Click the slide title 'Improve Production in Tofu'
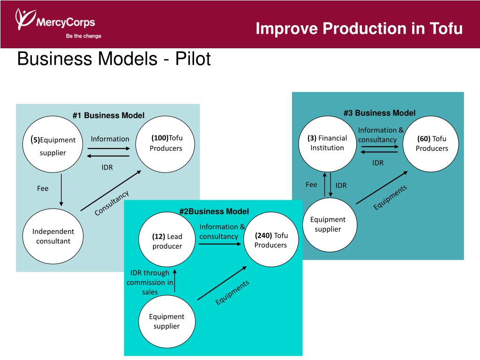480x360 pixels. pyautogui.click(x=359, y=29)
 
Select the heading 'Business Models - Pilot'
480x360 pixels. pyautogui.click(x=114, y=60)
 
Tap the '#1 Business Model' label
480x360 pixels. pyautogui.click(x=108, y=115)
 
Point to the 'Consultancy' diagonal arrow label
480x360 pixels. pyautogui.click(x=112, y=203)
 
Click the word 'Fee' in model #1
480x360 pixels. pyautogui.click(x=43, y=188)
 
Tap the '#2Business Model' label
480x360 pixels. pyautogui.click(x=214, y=211)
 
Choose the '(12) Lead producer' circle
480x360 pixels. pyautogui.click(x=167, y=241)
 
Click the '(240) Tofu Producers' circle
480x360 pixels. pyautogui.click(x=271, y=240)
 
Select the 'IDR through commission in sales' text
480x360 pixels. pyautogui.click(x=150, y=282)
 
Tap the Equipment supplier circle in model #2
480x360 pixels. pyautogui.click(x=167, y=322)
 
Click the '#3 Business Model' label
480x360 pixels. pyautogui.click(x=379, y=113)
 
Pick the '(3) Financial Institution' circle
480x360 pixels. pyautogui.click(x=327, y=143)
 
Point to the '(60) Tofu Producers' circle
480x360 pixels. pyautogui.click(x=431, y=143)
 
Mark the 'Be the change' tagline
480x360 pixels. pyautogui.click(x=83, y=36)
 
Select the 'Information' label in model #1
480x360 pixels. pyautogui.click(x=110, y=139)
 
